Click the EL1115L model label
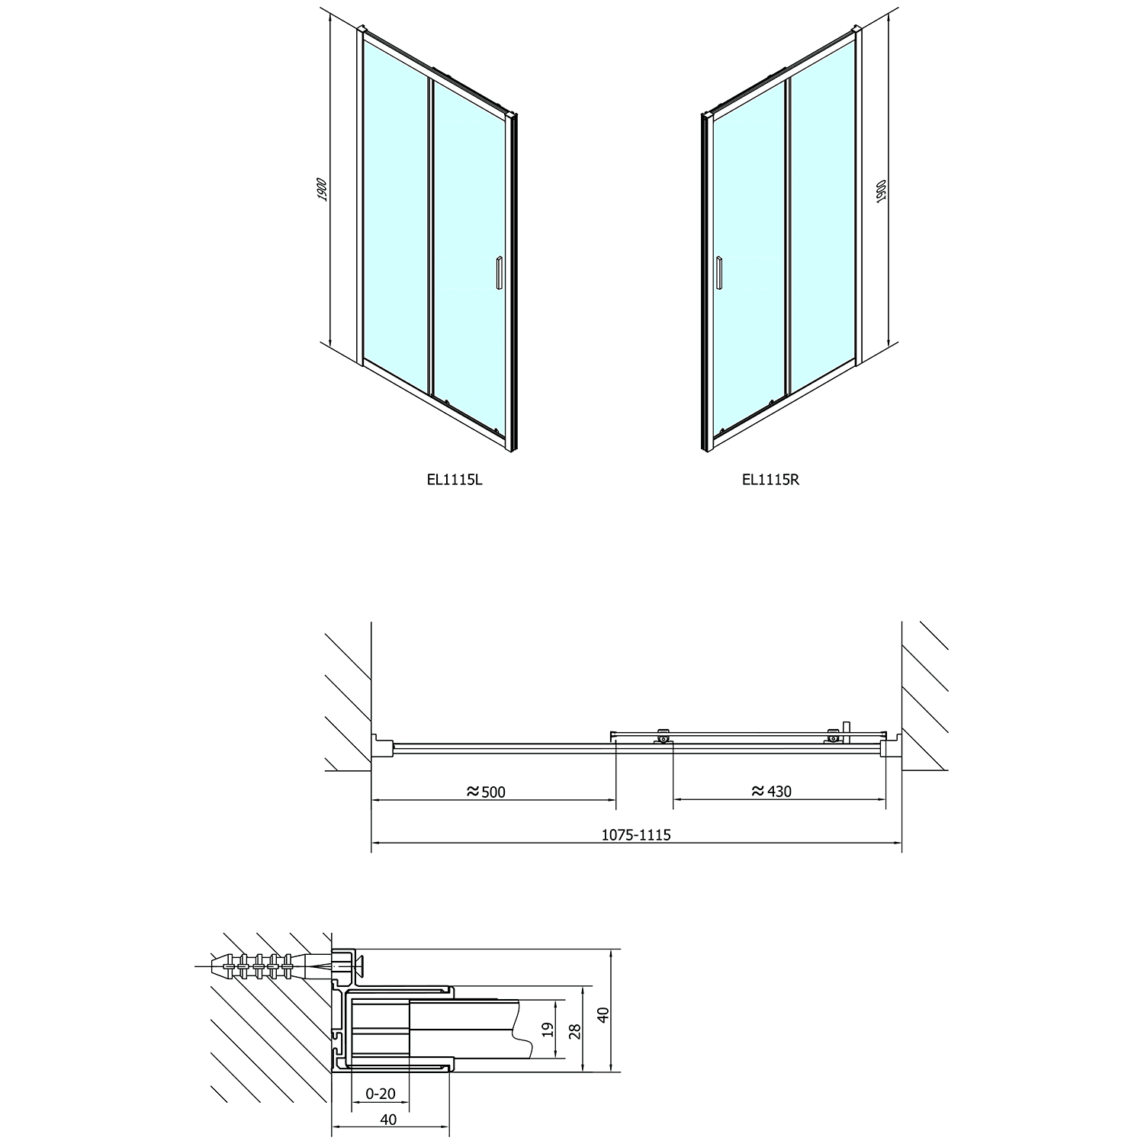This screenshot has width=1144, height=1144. tap(455, 480)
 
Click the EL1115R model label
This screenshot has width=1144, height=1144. tap(770, 480)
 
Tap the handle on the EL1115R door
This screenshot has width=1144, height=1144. tap(718, 272)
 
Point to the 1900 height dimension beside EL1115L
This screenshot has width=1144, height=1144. tap(323, 189)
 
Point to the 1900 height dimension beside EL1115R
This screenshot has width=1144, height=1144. tap(881, 191)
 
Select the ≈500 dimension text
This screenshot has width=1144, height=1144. tap(486, 792)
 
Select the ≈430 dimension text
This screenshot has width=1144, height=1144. tap(772, 792)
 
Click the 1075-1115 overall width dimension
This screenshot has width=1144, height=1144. tap(636, 834)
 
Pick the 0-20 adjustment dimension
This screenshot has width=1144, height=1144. tap(381, 1094)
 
